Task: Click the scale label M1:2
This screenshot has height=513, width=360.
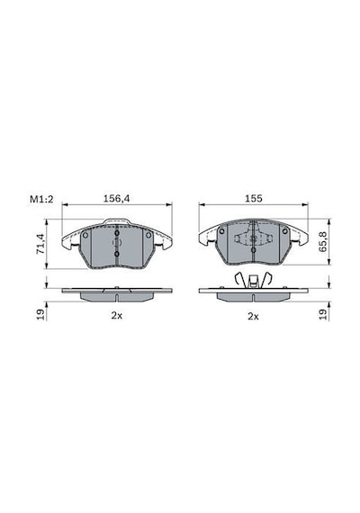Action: (41, 199)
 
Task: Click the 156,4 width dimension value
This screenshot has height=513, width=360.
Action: (116, 199)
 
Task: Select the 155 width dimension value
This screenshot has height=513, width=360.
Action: (254, 199)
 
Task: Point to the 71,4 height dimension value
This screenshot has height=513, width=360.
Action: (40, 244)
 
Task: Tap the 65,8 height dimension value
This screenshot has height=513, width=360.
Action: (323, 242)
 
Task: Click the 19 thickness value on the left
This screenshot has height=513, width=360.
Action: (40, 314)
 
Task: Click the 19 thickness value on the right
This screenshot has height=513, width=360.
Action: (323, 314)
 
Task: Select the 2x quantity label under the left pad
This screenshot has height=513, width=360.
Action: (116, 316)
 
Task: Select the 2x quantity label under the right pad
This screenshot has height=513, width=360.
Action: (253, 317)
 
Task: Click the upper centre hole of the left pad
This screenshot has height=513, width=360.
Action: (117, 233)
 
